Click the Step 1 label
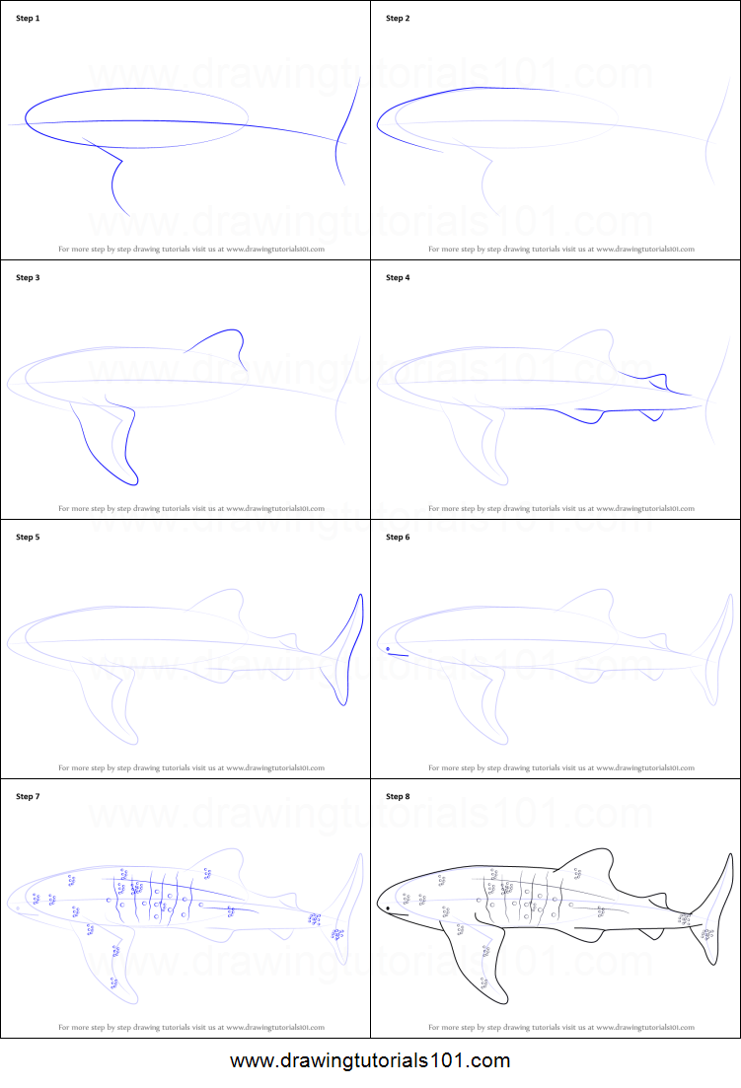28,19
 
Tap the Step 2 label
398,19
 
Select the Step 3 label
28,278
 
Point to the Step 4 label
398,278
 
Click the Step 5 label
28,538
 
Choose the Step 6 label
398,538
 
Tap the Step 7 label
28,796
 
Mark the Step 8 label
398,796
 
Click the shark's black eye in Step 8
388,907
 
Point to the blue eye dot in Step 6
388,648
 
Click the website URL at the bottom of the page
370,1061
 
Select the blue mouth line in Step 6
398,655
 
